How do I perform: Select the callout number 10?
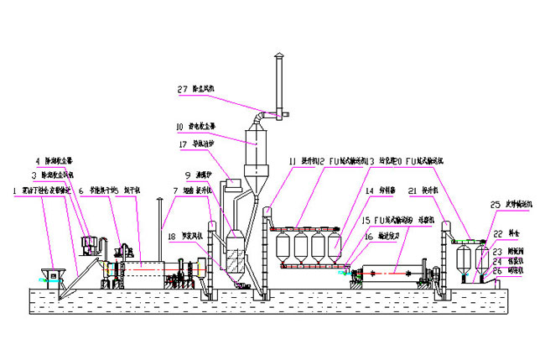180,128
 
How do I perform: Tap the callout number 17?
184,144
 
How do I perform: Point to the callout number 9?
189,175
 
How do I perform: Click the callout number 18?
172,235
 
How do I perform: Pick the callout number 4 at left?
37,159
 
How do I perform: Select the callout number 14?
368,191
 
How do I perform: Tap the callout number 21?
413,191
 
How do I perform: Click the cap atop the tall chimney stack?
279,58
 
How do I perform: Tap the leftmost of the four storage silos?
285,247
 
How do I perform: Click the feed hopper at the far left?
55,274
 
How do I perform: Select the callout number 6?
80,191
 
